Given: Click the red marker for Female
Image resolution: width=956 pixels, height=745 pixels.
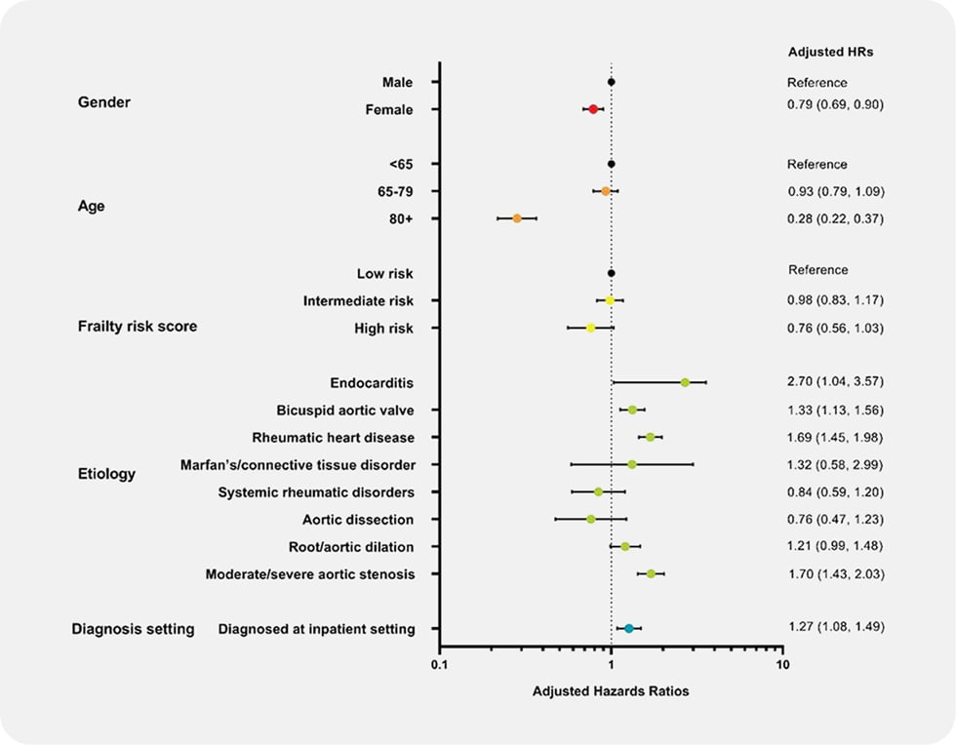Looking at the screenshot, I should tap(593, 109).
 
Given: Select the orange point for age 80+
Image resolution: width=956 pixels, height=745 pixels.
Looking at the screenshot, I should tap(517, 218).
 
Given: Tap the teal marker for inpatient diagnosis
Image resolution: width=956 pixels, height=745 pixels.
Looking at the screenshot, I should tap(629, 629).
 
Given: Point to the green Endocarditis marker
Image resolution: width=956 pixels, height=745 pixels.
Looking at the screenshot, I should tap(685, 382).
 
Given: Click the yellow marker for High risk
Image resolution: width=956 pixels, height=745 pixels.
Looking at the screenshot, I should tap(590, 328).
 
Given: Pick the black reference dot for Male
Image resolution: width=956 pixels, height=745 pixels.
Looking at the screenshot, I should tap(611, 82).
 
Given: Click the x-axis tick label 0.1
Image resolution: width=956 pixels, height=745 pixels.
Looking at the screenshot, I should tap(439, 665).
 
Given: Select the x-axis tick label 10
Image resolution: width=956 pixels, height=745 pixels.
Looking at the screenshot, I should tap(780, 665).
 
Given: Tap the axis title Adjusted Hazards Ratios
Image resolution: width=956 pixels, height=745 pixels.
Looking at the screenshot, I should tap(611, 691).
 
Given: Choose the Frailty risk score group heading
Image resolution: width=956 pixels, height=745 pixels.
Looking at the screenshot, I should tap(138, 327).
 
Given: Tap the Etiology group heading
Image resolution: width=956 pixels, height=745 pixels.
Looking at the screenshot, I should tap(106, 475).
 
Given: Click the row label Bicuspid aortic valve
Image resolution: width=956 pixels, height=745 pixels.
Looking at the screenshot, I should tap(345, 410).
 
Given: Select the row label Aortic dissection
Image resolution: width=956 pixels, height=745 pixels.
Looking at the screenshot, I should tap(358, 520).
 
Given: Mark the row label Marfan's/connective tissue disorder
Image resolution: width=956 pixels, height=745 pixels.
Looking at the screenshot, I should tap(298, 464).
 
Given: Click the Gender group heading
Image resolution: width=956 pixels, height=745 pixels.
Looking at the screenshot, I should tap(103, 102).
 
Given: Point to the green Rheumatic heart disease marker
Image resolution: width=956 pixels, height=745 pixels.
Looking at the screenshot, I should tap(651, 437).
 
